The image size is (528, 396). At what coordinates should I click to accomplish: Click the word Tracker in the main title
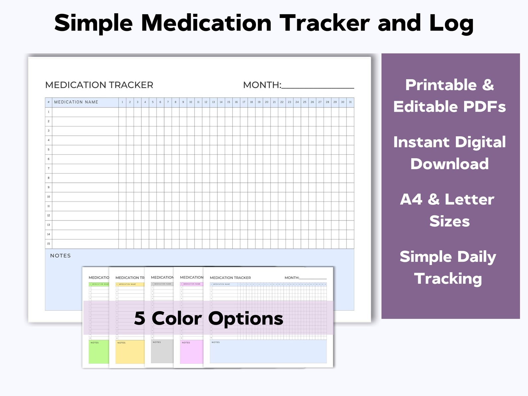[324, 23]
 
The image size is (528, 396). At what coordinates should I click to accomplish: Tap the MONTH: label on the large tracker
[262, 85]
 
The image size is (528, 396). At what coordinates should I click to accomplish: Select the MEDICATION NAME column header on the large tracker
[76, 102]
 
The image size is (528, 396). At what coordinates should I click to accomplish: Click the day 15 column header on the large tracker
[229, 102]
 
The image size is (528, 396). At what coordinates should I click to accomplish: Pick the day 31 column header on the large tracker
[350, 102]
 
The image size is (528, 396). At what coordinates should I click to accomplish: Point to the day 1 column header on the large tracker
[122, 102]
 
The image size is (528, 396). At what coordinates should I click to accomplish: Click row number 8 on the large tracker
[49, 178]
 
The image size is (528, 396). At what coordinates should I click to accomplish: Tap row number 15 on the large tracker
[49, 244]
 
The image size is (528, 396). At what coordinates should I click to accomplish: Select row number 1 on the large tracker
[49, 112]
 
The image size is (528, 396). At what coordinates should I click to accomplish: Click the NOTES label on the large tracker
[61, 256]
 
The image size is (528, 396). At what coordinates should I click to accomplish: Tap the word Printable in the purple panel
[441, 85]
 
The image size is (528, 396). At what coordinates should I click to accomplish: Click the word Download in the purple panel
[450, 164]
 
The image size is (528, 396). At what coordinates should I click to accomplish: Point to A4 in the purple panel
[411, 199]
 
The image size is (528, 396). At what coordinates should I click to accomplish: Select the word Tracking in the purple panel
[448, 279]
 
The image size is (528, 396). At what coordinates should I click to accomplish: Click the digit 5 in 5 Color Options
[140, 319]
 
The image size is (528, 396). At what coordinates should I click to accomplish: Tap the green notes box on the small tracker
[99, 352]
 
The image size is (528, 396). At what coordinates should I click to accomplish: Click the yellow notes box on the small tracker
[130, 352]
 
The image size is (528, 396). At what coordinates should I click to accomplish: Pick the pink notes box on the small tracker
[192, 352]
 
